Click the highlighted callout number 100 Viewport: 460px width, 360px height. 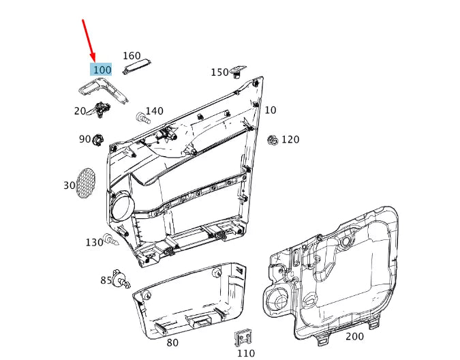click(102, 70)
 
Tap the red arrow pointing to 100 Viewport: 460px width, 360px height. click(89, 40)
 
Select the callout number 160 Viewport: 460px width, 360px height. click(132, 56)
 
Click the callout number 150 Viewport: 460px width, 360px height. click(219, 72)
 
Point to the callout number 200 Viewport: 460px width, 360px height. click(354, 336)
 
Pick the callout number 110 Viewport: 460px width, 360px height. click(245, 353)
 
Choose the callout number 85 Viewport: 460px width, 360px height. click(106, 280)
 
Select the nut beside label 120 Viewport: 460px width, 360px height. click(272, 140)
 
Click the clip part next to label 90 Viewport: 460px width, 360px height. click(98, 139)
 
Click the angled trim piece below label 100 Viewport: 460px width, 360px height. click(102, 89)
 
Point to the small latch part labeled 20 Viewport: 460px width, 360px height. click(102, 108)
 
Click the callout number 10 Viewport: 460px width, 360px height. click(271, 110)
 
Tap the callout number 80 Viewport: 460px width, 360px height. click(172, 342)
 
